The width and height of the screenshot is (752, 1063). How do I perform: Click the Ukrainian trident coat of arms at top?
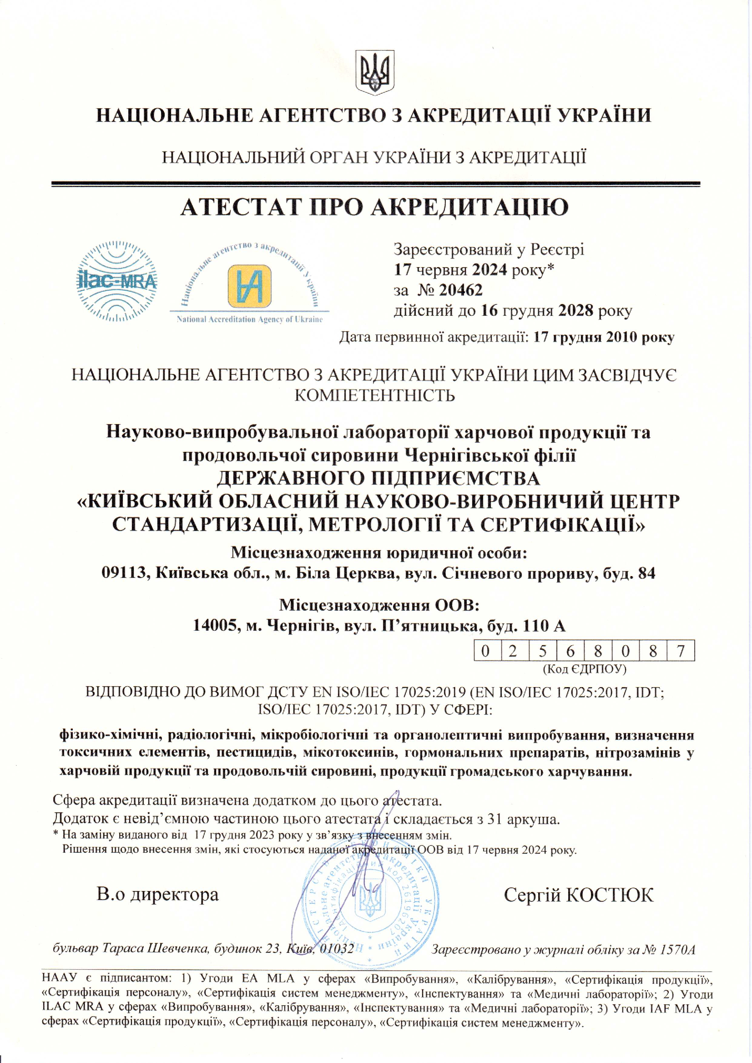[x=375, y=72]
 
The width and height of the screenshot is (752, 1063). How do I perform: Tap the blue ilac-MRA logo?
[x=116, y=281]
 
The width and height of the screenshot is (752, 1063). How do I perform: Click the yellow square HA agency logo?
[x=249, y=286]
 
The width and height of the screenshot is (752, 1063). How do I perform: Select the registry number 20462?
[x=460, y=290]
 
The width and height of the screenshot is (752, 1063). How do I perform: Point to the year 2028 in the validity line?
[x=575, y=310]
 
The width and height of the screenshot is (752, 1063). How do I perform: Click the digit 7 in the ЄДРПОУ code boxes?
[x=680, y=651]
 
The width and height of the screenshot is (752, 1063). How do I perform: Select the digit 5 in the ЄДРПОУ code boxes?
[x=542, y=651]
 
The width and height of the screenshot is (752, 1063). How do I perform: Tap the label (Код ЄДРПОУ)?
[x=585, y=668]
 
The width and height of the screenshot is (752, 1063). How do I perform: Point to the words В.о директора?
[x=157, y=894]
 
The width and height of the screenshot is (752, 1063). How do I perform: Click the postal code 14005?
[x=216, y=626]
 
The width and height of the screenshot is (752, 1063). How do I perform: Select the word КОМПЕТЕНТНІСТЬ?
[x=375, y=395]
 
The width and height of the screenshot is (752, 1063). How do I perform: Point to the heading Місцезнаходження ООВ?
[x=379, y=605]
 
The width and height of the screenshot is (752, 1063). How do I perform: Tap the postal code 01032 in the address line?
[x=337, y=949]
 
